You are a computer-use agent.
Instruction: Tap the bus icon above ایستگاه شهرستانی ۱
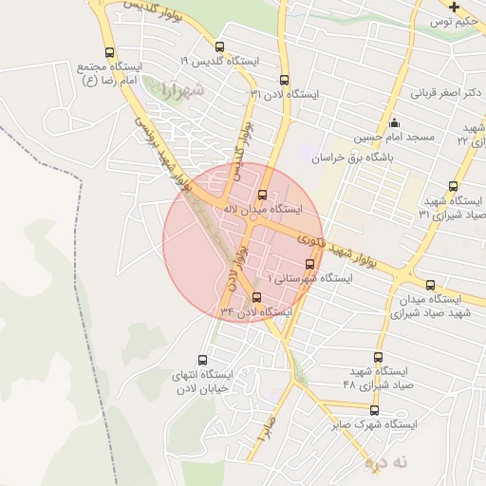(x=309, y=265)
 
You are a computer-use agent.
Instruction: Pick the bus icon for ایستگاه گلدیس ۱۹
(x=220, y=46)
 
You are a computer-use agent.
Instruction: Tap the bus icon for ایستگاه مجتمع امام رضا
(x=110, y=53)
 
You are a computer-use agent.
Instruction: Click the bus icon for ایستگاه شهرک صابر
(x=374, y=411)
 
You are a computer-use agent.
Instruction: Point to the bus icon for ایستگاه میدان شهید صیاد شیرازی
(x=430, y=285)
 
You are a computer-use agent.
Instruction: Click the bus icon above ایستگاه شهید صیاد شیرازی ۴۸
(x=379, y=357)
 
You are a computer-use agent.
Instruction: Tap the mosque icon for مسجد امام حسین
(x=396, y=123)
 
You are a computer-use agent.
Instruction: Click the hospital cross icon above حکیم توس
(x=455, y=7)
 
